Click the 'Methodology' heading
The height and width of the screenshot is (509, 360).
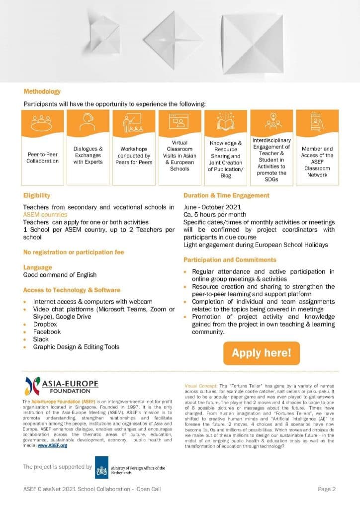[x=42, y=91]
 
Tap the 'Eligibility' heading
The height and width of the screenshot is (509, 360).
[x=37, y=196]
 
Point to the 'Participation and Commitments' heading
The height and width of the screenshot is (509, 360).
[x=230, y=260]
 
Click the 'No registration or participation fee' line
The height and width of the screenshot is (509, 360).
[x=74, y=253]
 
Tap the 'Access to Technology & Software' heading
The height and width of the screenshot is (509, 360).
[x=72, y=290]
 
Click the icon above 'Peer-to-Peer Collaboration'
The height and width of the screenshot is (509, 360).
[x=42, y=122]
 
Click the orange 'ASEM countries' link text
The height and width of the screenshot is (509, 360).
[x=45, y=214]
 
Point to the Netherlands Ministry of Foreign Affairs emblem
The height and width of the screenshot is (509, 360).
[x=102, y=468]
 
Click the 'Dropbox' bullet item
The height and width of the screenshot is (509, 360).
[x=47, y=324]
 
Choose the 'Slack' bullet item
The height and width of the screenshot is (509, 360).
[x=41, y=339]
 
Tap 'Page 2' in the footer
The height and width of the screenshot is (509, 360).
[x=327, y=489]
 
